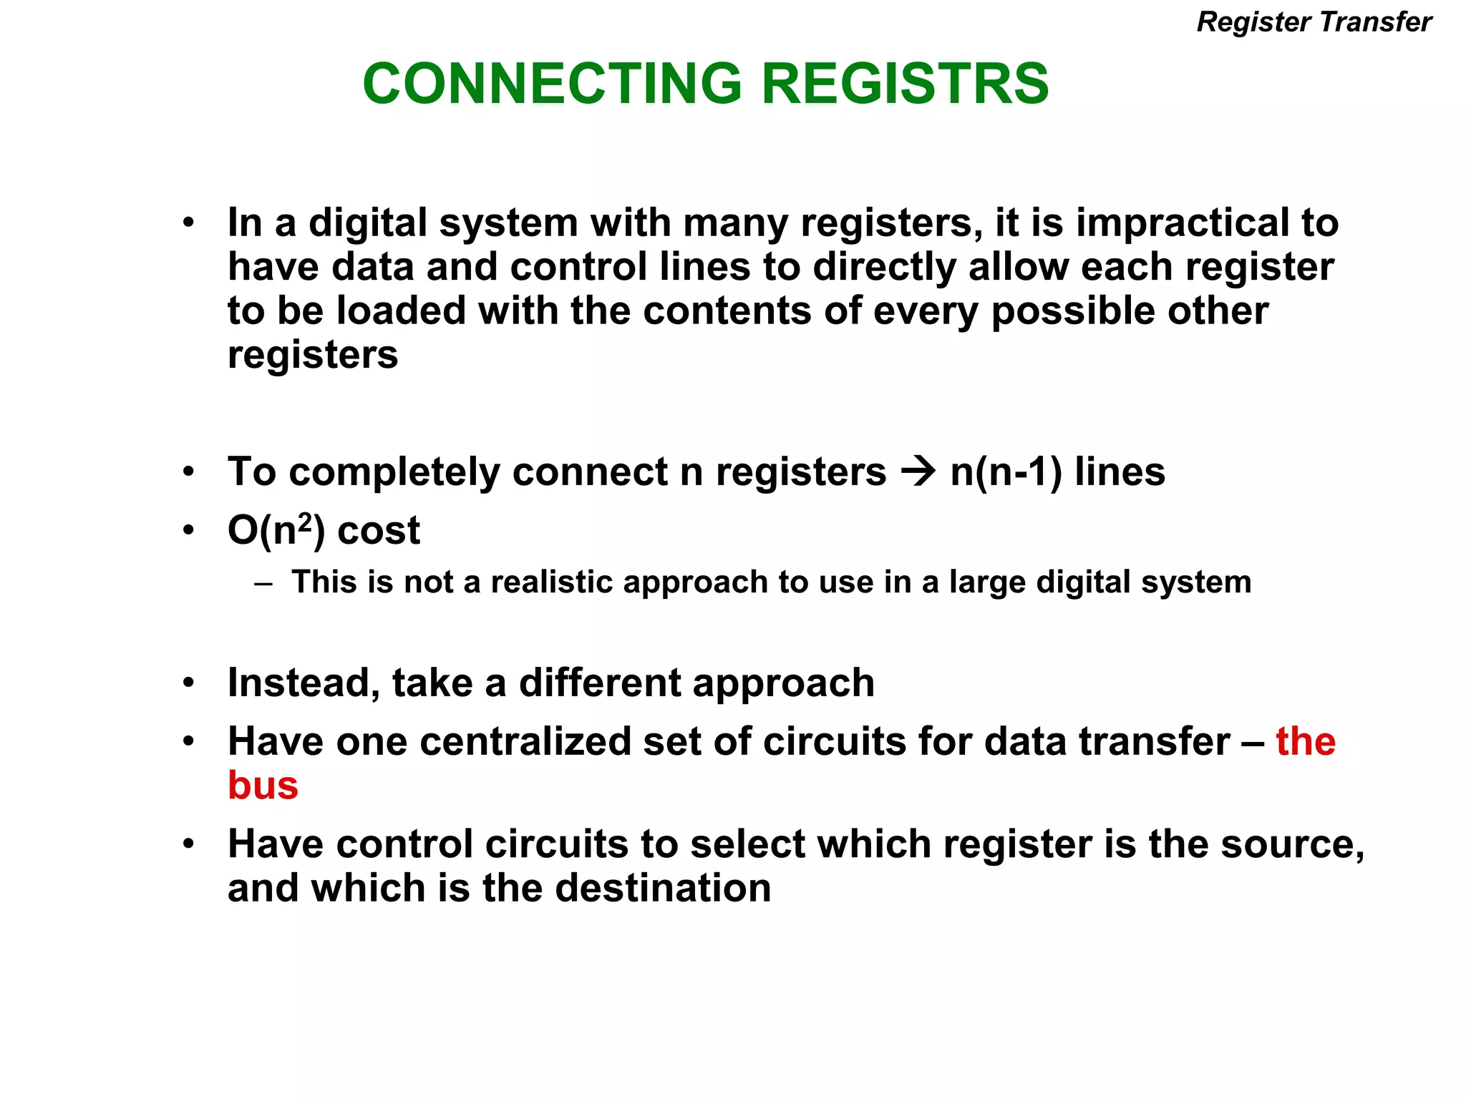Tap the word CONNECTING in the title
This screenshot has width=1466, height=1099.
click(553, 84)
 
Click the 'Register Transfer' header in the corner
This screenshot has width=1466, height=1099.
click(1314, 22)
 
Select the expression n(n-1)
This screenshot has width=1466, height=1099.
click(1006, 472)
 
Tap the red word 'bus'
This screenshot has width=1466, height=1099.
click(263, 786)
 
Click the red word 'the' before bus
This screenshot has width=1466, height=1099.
click(1306, 741)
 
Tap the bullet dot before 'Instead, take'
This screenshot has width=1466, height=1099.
click(188, 683)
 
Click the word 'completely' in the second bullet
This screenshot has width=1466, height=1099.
click(394, 472)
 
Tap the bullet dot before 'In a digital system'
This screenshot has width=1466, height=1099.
click(188, 223)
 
